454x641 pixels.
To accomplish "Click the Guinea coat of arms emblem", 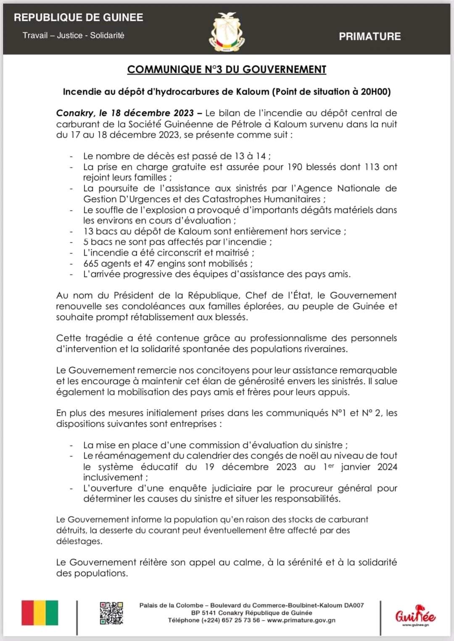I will click(x=227, y=32).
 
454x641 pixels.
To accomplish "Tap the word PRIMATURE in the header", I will click(x=370, y=37).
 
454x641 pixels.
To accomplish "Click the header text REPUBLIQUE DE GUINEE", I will click(x=79, y=18).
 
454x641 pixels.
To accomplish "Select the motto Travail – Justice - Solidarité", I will click(x=74, y=35).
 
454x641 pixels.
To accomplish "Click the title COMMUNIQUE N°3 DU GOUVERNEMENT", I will click(x=227, y=70).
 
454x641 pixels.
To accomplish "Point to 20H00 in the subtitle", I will click(x=375, y=92).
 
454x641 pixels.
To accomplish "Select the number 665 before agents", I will click(x=91, y=264).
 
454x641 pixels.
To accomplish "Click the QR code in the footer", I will click(x=111, y=613).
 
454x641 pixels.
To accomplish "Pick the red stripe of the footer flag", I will click(x=28, y=613).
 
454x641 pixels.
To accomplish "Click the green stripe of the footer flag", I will click(x=52, y=613).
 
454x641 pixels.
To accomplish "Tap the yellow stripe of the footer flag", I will click(x=40, y=613).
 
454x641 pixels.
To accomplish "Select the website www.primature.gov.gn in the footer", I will click(x=301, y=620).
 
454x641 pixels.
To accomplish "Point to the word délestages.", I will click(x=79, y=541).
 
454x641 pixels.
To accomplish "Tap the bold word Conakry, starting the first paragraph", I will click(x=75, y=113).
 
